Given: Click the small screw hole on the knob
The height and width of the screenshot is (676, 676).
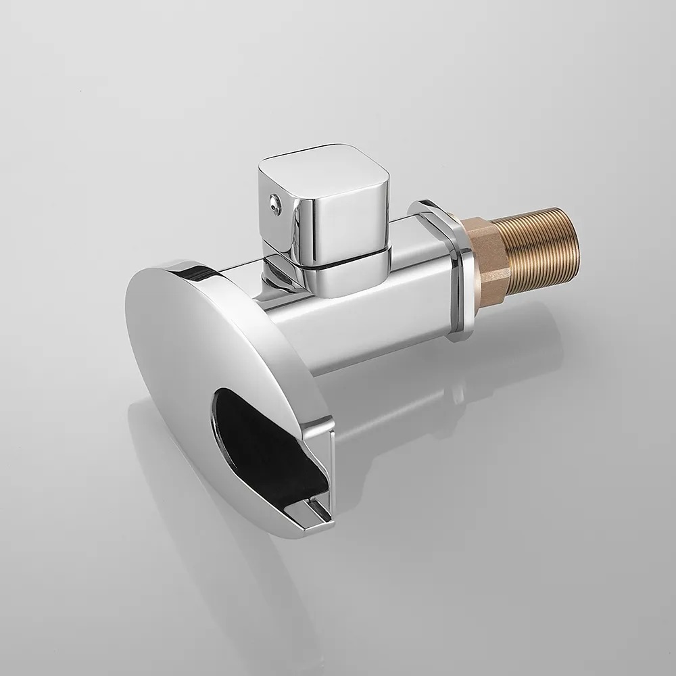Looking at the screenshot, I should (x=273, y=201).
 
